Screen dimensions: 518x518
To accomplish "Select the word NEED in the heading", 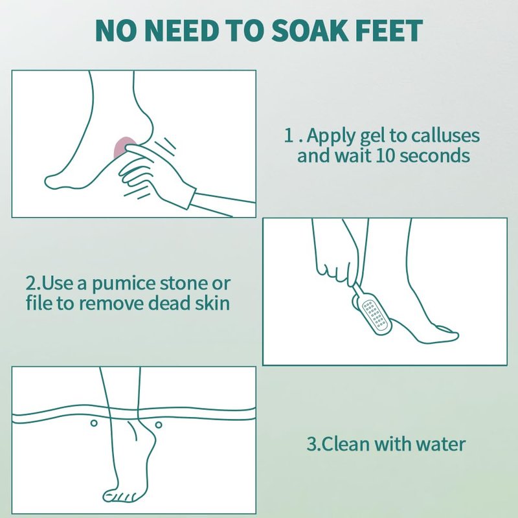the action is point(182,30).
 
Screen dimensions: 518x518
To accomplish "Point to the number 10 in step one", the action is point(385,155).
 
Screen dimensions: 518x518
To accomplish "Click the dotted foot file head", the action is point(376,316).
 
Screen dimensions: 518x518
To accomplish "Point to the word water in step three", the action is point(440,444).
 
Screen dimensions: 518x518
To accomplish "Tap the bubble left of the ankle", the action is point(94,423).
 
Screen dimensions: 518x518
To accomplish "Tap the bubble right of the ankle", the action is point(159,425).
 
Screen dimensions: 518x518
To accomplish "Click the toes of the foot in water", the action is point(120,496).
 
